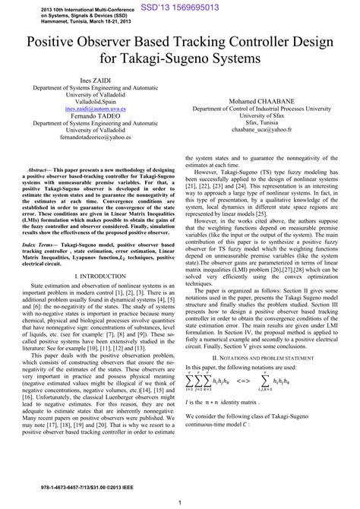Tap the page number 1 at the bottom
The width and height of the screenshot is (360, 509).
coord(180,501)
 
